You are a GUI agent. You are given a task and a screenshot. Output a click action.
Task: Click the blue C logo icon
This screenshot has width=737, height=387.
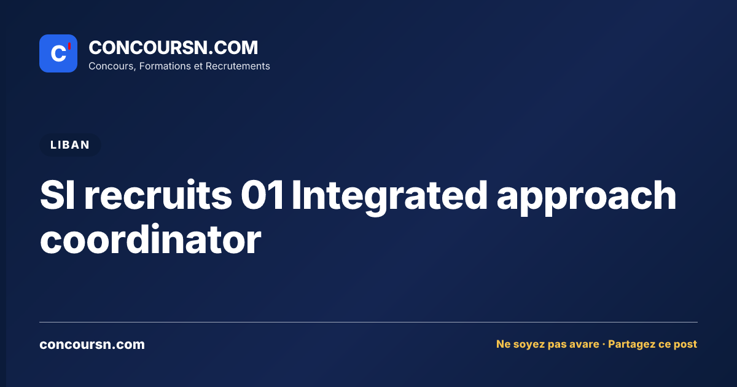pyautogui.click(x=58, y=53)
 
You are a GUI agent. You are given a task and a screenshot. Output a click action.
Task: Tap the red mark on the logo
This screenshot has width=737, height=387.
pyautogui.click(x=69, y=46)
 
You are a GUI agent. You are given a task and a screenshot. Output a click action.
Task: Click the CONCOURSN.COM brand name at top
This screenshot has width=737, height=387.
pyautogui.click(x=173, y=47)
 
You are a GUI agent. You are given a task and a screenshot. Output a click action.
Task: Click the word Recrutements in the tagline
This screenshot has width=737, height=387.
pyautogui.click(x=238, y=66)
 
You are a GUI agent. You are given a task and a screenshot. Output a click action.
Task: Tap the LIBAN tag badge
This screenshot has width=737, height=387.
pyautogui.click(x=70, y=145)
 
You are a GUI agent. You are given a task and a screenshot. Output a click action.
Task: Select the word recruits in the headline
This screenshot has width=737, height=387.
pyautogui.click(x=158, y=195)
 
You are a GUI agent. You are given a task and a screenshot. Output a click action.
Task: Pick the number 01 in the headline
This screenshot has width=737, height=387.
pyautogui.click(x=262, y=195)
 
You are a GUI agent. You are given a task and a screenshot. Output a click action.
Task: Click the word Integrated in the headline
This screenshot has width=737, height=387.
pyautogui.click(x=389, y=198)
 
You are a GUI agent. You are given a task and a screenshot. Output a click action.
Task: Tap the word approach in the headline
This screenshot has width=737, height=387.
pyautogui.click(x=587, y=198)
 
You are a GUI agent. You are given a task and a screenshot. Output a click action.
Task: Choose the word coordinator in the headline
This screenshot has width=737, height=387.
pyautogui.click(x=150, y=239)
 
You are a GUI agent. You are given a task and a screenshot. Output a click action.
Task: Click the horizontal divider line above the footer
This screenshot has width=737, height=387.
pyautogui.click(x=368, y=322)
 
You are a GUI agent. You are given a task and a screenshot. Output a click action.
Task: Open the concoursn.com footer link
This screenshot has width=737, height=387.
pyautogui.click(x=92, y=345)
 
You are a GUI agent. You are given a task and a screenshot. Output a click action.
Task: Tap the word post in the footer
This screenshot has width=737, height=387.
pyautogui.click(x=685, y=345)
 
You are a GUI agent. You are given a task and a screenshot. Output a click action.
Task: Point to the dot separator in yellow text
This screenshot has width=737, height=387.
pyautogui.click(x=603, y=345)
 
